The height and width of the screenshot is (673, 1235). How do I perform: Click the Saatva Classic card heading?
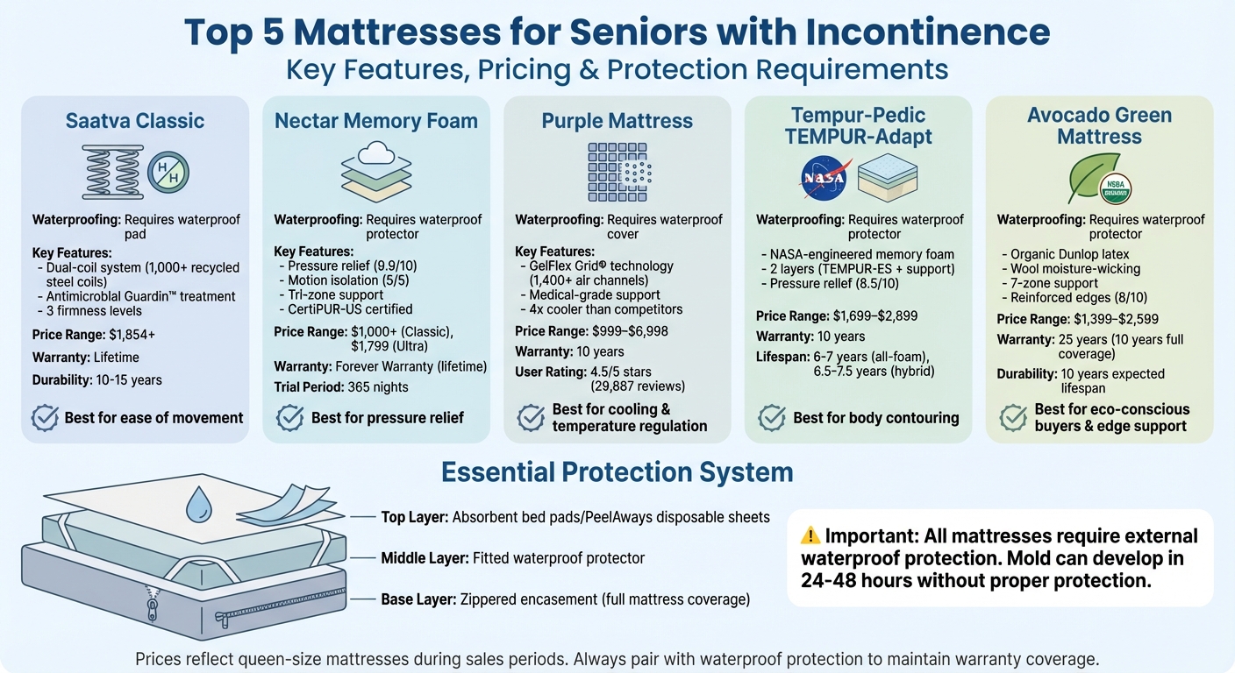point(134,121)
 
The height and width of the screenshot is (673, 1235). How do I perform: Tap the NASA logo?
point(823,178)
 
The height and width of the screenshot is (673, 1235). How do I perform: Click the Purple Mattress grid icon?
point(617,172)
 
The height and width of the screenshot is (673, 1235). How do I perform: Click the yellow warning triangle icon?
point(810,535)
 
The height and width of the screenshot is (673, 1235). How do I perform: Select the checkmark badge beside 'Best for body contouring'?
point(772,417)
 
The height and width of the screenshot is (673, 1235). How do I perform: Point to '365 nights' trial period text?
point(380,386)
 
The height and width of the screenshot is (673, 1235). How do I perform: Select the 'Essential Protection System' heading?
point(617,473)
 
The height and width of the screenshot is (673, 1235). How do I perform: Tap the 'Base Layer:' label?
point(418,599)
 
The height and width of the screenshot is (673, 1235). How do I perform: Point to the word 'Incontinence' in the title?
point(919,33)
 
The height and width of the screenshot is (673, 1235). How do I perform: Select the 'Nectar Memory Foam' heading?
point(376,121)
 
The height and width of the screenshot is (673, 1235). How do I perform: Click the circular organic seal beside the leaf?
point(1116,188)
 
